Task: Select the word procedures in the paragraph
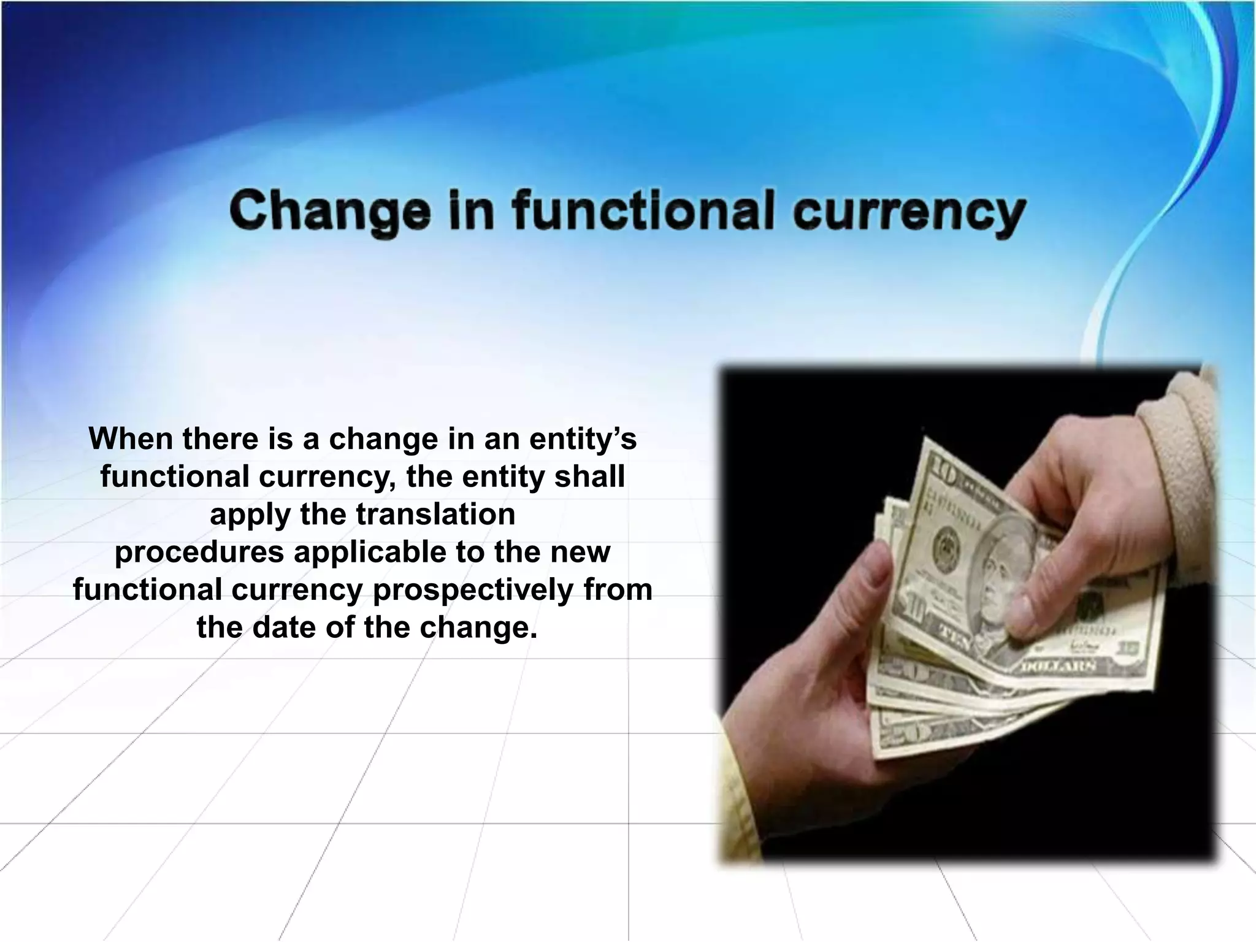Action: pyautogui.click(x=199, y=552)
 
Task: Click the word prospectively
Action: pyautogui.click(x=472, y=589)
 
